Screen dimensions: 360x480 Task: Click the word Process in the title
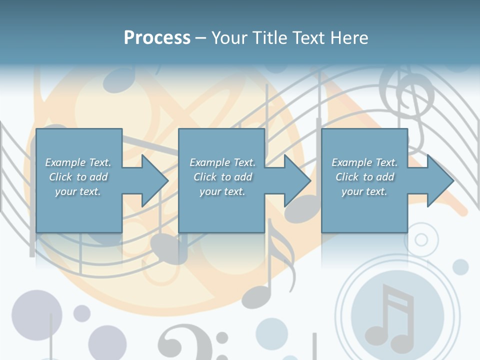(x=157, y=38)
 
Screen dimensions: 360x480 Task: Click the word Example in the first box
(x=65, y=162)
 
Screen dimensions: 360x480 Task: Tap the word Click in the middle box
(x=204, y=177)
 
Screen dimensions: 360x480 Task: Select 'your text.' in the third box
(x=364, y=191)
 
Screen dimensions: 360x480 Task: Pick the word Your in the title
(x=229, y=38)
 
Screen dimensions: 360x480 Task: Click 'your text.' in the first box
(x=77, y=191)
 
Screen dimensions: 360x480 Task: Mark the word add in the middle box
(x=243, y=177)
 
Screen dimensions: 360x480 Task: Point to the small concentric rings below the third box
(x=421, y=239)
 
